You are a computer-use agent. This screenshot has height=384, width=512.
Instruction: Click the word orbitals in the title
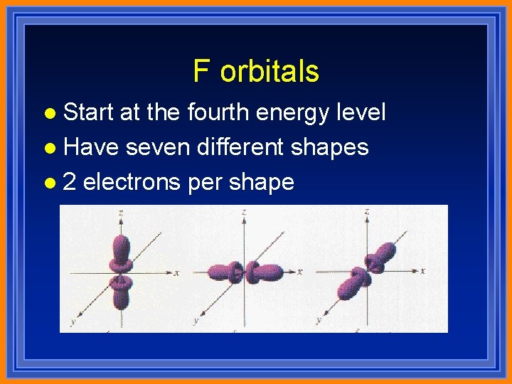[x=270, y=72]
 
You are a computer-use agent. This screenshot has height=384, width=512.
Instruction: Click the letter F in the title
[x=202, y=72]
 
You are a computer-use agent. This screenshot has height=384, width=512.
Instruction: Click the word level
[x=358, y=112]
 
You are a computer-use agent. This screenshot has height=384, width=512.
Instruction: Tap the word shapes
[x=331, y=147]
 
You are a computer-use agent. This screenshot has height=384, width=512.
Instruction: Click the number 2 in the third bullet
[x=70, y=182]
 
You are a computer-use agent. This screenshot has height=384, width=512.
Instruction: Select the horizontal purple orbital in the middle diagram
[x=245, y=272]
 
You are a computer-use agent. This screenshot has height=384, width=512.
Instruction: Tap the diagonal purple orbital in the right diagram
[x=370, y=267]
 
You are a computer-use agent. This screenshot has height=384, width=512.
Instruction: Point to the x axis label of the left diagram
[x=176, y=272]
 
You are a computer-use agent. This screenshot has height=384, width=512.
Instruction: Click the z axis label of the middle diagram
[x=243, y=212]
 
